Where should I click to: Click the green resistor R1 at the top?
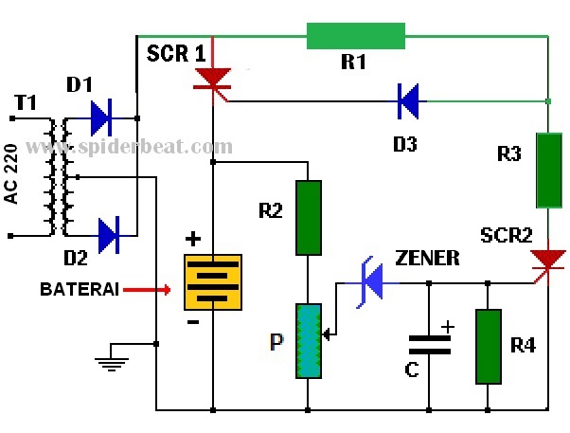pyautogui.click(x=356, y=36)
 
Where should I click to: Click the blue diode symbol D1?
pyautogui.click(x=101, y=118)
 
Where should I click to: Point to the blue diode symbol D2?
pyautogui.click(x=109, y=232)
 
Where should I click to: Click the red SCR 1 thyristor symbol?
pyautogui.click(x=212, y=81)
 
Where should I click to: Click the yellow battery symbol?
pyautogui.click(x=213, y=282)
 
